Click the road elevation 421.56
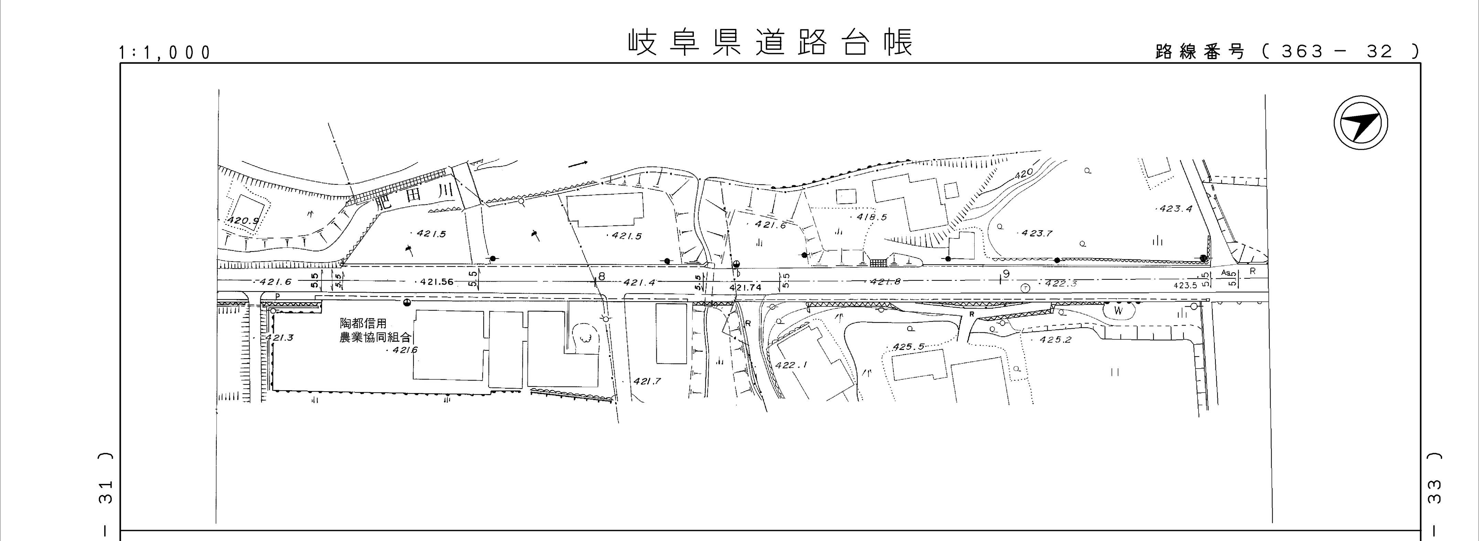[x=436, y=282]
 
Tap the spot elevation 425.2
[x=1055, y=339]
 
